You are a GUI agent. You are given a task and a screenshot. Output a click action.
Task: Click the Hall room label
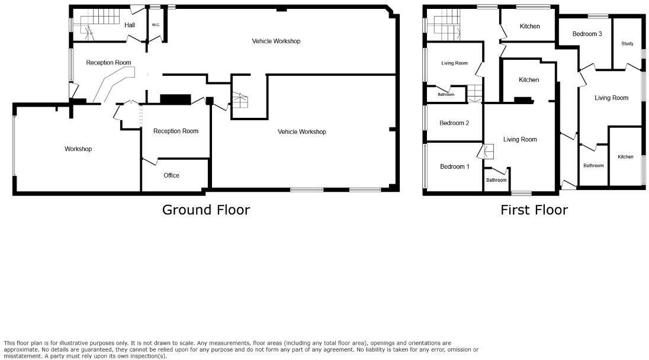130,25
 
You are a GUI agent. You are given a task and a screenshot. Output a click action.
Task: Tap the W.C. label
156,25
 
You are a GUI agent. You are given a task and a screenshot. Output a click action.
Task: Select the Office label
171,175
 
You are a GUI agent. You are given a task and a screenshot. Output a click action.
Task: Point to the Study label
627,44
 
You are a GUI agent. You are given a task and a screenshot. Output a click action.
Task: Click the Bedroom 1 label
454,166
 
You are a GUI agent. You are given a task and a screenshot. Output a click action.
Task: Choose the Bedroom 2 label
454,123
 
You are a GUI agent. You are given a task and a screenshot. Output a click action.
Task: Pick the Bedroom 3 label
587,34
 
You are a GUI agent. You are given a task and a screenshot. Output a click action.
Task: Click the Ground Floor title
206,210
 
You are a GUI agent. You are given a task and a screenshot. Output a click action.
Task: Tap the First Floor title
534,210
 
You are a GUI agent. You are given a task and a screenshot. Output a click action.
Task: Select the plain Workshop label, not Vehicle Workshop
78,149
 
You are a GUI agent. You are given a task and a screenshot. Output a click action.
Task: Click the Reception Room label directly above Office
175,131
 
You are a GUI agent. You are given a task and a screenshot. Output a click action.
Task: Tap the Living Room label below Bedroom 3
611,98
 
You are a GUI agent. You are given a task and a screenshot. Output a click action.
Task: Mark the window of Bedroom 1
425,166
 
